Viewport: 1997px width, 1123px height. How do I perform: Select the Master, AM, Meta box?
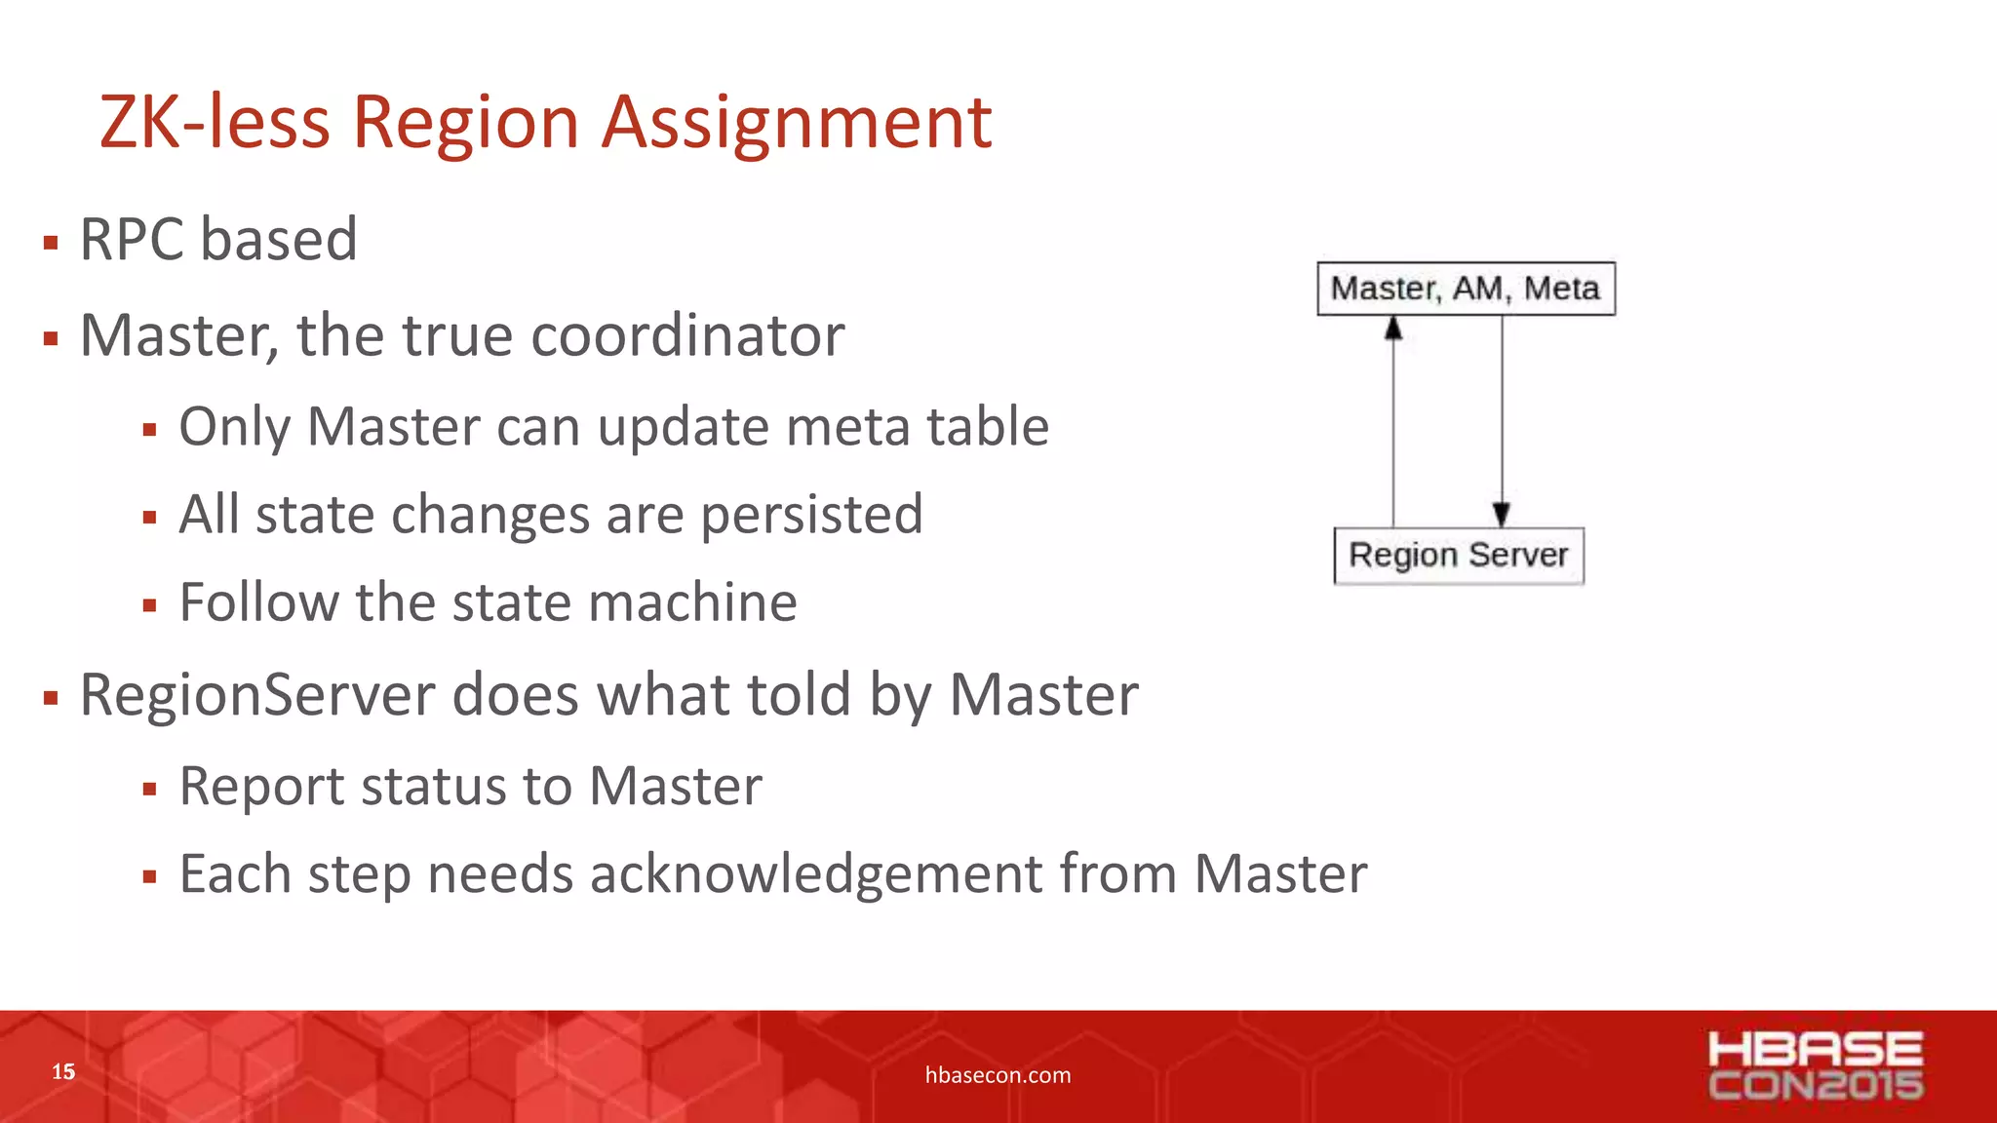click(x=1466, y=289)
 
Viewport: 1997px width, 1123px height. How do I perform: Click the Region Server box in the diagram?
click(x=1459, y=556)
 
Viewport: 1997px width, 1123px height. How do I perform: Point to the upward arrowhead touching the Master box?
click(x=1393, y=329)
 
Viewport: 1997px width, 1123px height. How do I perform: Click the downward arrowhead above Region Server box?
click(x=1502, y=514)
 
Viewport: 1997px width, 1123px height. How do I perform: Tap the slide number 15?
click(x=63, y=1072)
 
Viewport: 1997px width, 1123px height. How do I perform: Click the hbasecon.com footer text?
click(x=998, y=1075)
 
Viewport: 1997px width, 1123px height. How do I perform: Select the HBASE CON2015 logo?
click(x=1816, y=1065)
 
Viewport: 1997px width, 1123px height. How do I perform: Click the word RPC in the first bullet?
click(x=133, y=240)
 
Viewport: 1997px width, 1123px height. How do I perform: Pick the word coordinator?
click(x=687, y=336)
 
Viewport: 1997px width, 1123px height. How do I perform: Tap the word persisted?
click(x=811, y=515)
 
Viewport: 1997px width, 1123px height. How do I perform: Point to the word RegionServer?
click(x=257, y=696)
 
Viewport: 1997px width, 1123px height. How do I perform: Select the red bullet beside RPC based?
click(x=51, y=243)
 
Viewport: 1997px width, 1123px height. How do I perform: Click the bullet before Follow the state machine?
click(x=149, y=605)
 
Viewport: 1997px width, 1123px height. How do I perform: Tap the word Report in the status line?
click(x=262, y=787)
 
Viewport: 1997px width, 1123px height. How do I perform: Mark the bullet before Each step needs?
click(x=149, y=876)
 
